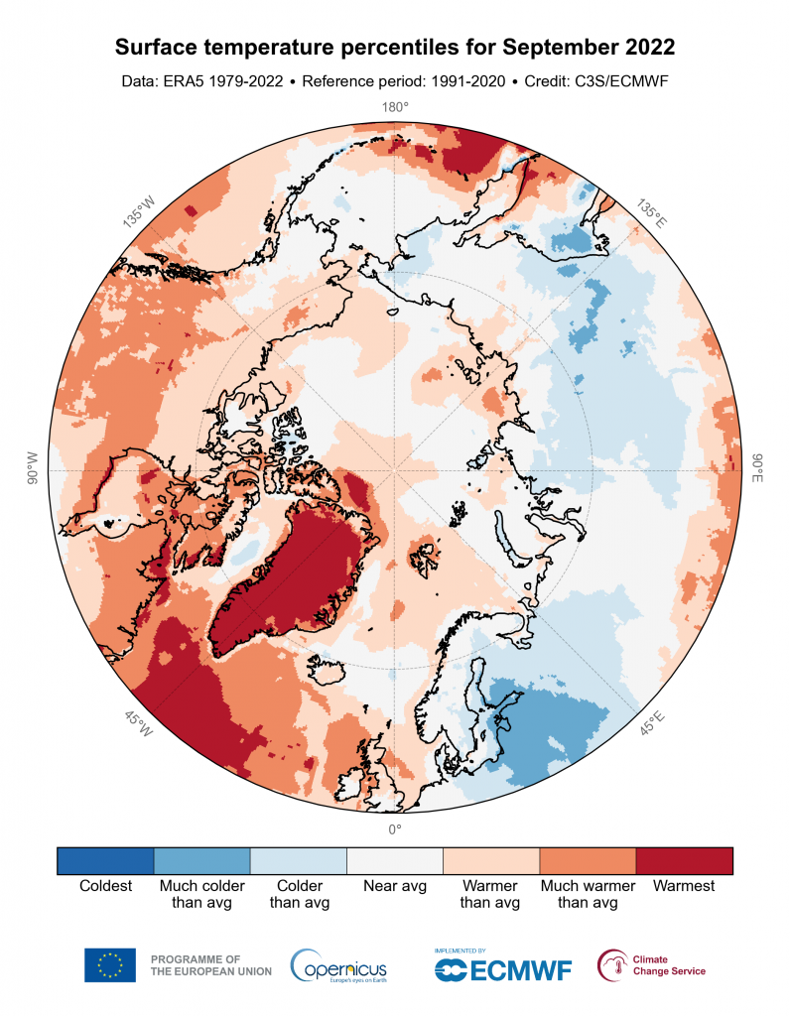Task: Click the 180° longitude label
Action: point(395,107)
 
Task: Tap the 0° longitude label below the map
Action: point(395,829)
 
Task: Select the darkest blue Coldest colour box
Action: point(105,860)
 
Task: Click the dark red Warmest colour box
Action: point(684,860)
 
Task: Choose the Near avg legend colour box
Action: point(395,860)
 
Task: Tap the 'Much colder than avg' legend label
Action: point(201,894)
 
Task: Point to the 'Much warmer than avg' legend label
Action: point(588,894)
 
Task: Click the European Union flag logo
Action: point(109,965)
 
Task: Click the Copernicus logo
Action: point(338,965)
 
